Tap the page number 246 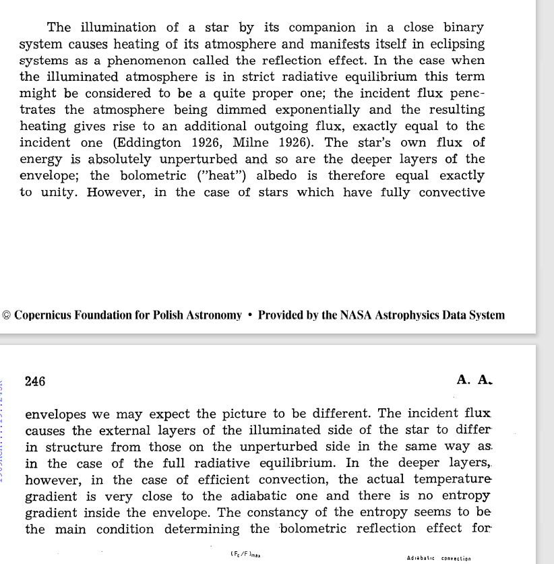click(x=35, y=381)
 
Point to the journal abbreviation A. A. click(x=474, y=380)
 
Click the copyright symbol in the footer click(x=7, y=315)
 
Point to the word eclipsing click(x=454, y=44)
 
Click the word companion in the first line click(x=319, y=28)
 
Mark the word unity click(x=57, y=192)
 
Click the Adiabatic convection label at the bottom click(x=439, y=558)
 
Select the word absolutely click(x=115, y=159)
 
